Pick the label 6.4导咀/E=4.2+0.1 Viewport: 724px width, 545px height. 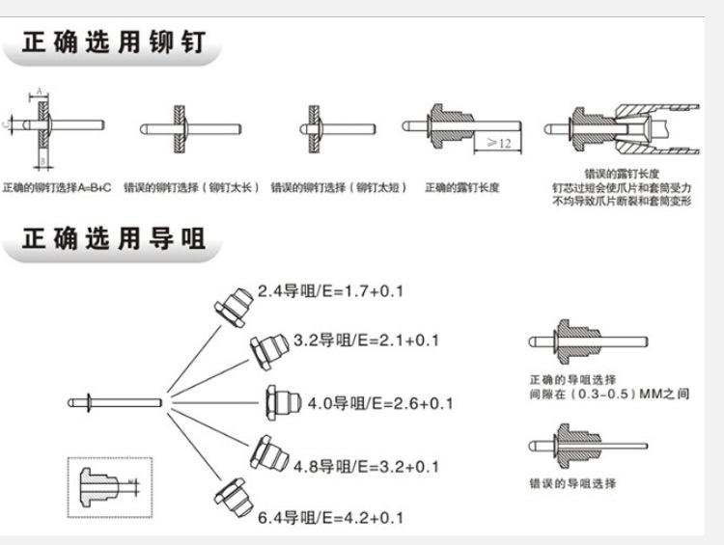[332, 518]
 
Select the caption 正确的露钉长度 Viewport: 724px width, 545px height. [461, 188]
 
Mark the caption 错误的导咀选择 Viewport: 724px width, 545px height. [571, 482]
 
